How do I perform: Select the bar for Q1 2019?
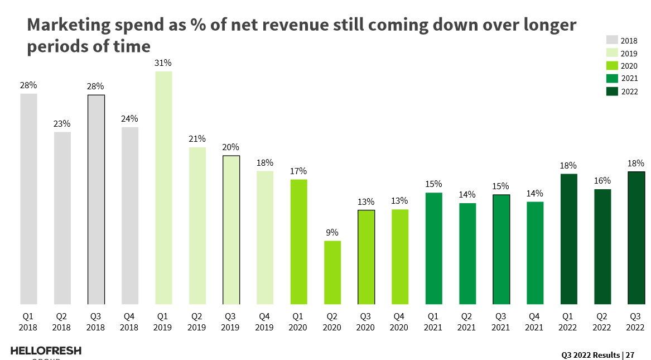click(x=164, y=188)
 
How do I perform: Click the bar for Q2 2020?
click(x=332, y=272)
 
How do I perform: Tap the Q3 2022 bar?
click(x=636, y=238)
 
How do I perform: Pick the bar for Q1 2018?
click(x=29, y=199)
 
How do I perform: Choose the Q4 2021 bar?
click(x=535, y=253)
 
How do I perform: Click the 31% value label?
click(x=163, y=63)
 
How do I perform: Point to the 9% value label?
click(x=332, y=233)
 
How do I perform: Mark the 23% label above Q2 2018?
click(x=62, y=124)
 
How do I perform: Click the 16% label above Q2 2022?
click(x=602, y=181)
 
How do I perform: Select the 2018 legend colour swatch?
click(x=612, y=40)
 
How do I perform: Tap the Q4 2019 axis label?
click(x=265, y=322)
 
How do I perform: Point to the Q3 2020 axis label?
click(x=366, y=322)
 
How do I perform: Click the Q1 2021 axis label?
click(x=433, y=322)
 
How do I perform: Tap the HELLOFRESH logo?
click(x=46, y=351)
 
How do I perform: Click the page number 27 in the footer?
click(x=630, y=354)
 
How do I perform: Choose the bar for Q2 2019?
click(x=197, y=225)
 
